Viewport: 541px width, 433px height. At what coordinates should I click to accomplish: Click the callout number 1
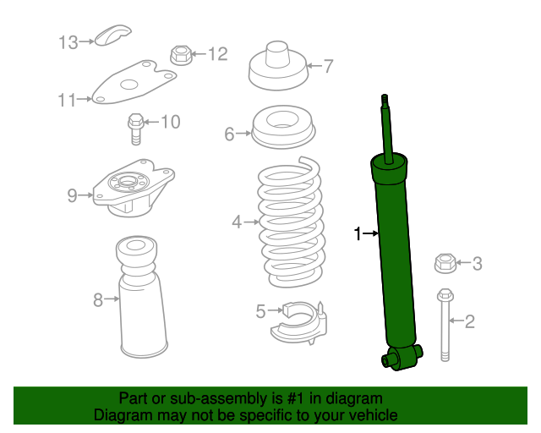pos(358,233)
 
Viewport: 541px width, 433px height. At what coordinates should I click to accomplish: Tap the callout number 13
pos(68,41)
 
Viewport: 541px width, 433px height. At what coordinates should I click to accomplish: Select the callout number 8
pos(97,299)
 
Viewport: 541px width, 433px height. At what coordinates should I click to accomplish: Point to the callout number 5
pos(260,311)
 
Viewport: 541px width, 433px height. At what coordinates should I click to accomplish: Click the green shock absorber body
pos(393,254)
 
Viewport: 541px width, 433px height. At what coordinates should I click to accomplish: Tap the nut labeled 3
pos(445,263)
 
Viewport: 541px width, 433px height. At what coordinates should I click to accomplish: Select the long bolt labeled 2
pos(445,326)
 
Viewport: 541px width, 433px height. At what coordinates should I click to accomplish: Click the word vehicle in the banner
pos(370,415)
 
